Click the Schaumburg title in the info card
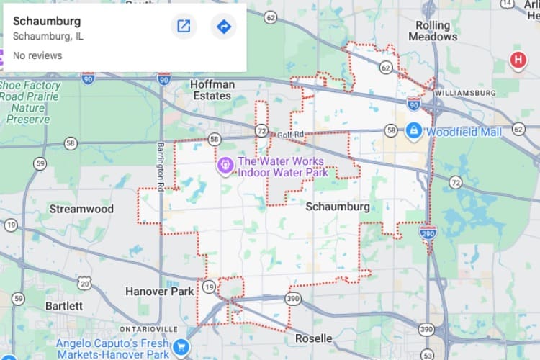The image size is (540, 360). point(48,21)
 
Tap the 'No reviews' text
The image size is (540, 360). point(37,55)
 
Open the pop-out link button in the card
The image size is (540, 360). point(184,27)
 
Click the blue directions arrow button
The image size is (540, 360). point(223,27)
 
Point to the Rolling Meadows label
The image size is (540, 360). point(433,31)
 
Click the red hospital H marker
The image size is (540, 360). point(517,60)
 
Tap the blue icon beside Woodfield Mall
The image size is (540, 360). point(413,130)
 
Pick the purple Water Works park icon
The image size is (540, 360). point(225,166)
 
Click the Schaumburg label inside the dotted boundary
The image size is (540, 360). point(337,207)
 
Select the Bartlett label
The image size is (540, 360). point(64,305)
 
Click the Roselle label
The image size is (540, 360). point(313,338)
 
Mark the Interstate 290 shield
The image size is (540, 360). point(428,232)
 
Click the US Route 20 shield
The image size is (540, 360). point(85,283)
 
